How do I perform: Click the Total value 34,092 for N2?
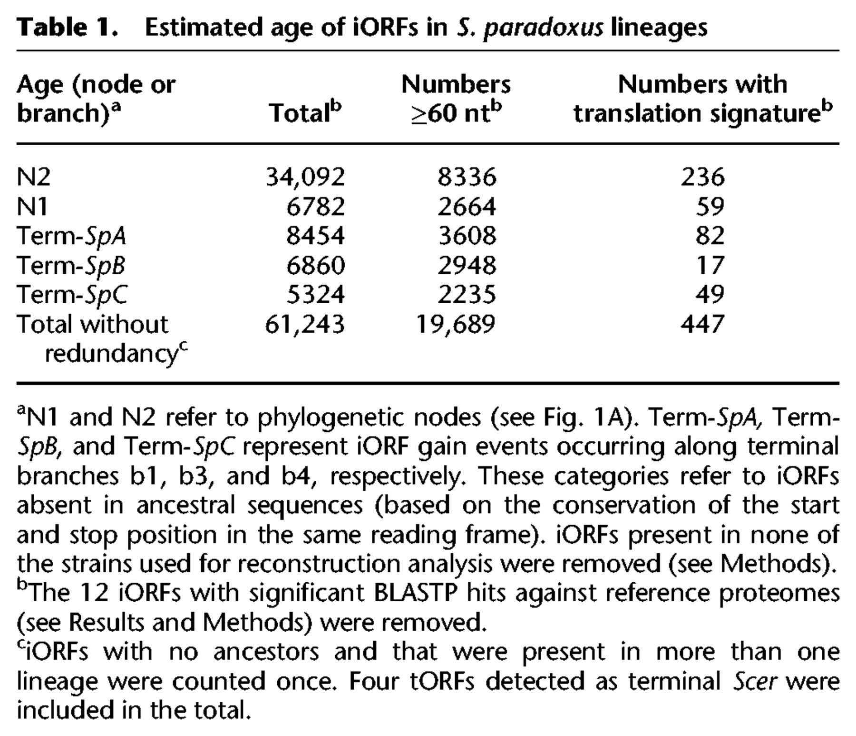(x=305, y=177)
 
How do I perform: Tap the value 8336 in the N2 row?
(x=467, y=177)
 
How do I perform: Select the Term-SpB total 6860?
(x=315, y=265)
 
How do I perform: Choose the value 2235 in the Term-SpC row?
(x=467, y=295)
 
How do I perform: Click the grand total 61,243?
(x=305, y=324)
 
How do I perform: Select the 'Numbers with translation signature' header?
(x=703, y=99)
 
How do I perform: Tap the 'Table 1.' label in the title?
(x=67, y=28)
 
